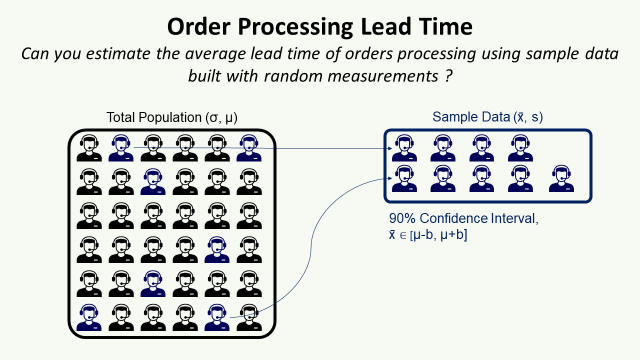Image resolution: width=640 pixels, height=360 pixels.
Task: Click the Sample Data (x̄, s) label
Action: point(487,118)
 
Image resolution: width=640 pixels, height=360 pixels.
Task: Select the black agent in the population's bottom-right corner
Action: point(246,316)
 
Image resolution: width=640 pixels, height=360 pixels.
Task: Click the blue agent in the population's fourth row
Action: point(215,249)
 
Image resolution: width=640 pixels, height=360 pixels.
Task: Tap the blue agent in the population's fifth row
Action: point(152,283)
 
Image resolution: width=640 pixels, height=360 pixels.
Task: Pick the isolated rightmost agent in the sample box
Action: point(560,179)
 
